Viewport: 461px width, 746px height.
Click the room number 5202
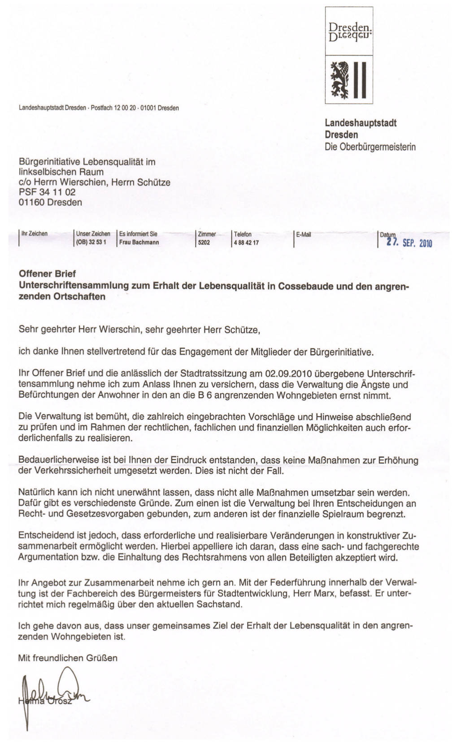click(x=204, y=243)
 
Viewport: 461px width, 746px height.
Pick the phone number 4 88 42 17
click(x=246, y=243)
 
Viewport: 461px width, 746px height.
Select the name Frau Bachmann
click(x=139, y=243)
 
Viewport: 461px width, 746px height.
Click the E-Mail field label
click(x=304, y=234)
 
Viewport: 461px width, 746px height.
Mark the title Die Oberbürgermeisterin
click(x=370, y=147)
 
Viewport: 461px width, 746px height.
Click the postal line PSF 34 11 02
click(x=47, y=192)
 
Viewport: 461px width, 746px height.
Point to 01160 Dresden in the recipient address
click(x=50, y=202)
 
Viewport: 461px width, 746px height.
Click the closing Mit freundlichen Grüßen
click(x=68, y=658)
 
